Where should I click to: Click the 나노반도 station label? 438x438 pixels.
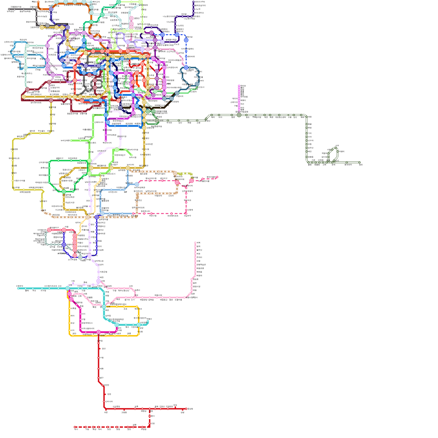click(180, 25)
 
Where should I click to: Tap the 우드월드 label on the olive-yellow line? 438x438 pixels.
click(41, 131)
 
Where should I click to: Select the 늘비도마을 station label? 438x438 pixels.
click(65, 140)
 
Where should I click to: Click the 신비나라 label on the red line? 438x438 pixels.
click(109, 402)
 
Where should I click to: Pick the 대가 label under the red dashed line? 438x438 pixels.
click(76, 430)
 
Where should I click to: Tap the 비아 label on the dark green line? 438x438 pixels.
click(220, 117)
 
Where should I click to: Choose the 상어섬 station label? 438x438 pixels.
click(181, 53)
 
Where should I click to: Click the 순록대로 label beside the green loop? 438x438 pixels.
click(44, 168)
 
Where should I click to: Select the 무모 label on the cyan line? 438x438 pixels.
click(34, 291)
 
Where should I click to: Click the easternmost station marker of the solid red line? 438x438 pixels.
click(186, 409)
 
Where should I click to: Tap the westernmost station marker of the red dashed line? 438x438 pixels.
click(75, 427)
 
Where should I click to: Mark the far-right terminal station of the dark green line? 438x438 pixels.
click(359, 162)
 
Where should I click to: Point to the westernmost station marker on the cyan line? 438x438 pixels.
click(18, 288)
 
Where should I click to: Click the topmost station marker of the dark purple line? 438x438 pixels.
click(193, 2)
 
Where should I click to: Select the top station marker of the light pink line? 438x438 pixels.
click(195, 243)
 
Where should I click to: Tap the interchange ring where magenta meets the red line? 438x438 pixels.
click(99, 332)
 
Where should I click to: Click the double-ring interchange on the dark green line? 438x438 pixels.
click(239, 115)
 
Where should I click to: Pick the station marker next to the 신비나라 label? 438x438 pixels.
click(104, 402)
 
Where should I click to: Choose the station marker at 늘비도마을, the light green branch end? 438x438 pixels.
click(71, 140)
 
